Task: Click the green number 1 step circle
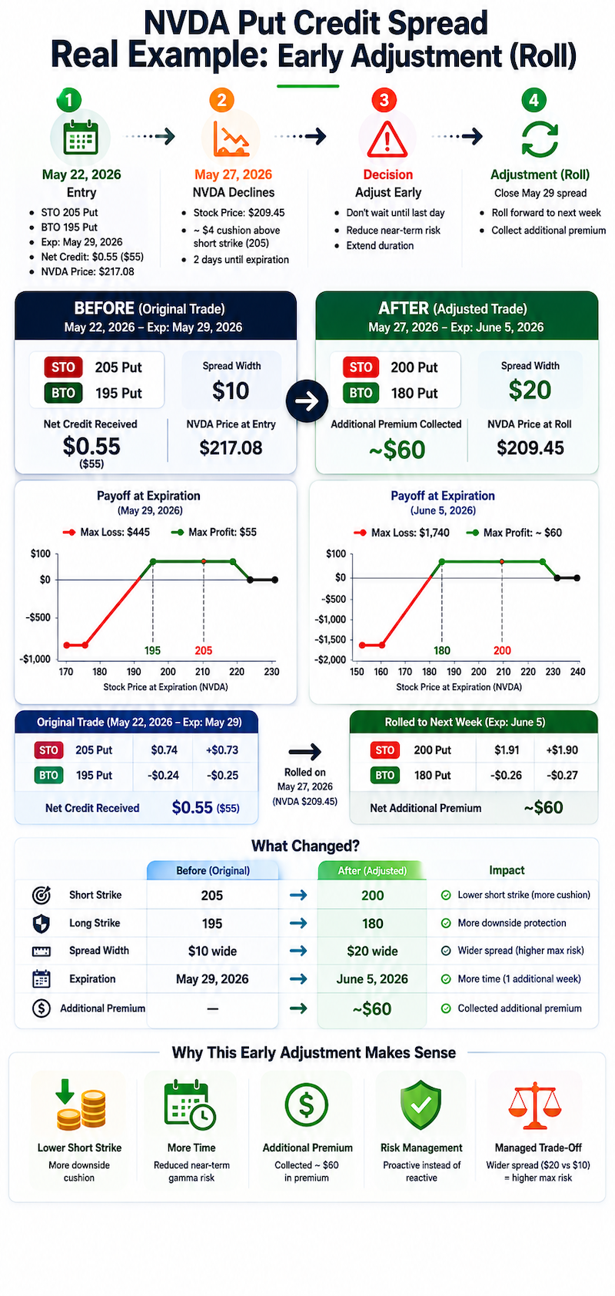click(69, 100)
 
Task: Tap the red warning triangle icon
click(387, 140)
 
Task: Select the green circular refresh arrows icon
click(539, 139)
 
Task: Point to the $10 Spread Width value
click(231, 391)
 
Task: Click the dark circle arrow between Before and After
click(307, 401)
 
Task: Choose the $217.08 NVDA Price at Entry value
click(231, 448)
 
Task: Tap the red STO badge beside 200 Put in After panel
click(361, 367)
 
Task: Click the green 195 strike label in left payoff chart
click(152, 650)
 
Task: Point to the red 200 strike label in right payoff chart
click(502, 650)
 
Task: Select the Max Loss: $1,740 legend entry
click(401, 532)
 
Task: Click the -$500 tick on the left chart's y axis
click(38, 617)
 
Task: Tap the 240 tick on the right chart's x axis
click(578, 672)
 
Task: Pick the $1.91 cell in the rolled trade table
click(507, 749)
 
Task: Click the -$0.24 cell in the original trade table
click(163, 776)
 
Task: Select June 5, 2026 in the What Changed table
click(372, 979)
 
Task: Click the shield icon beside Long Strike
click(41, 923)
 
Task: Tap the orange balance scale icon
click(535, 1105)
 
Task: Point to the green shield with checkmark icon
click(421, 1105)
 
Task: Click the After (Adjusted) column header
click(372, 871)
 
